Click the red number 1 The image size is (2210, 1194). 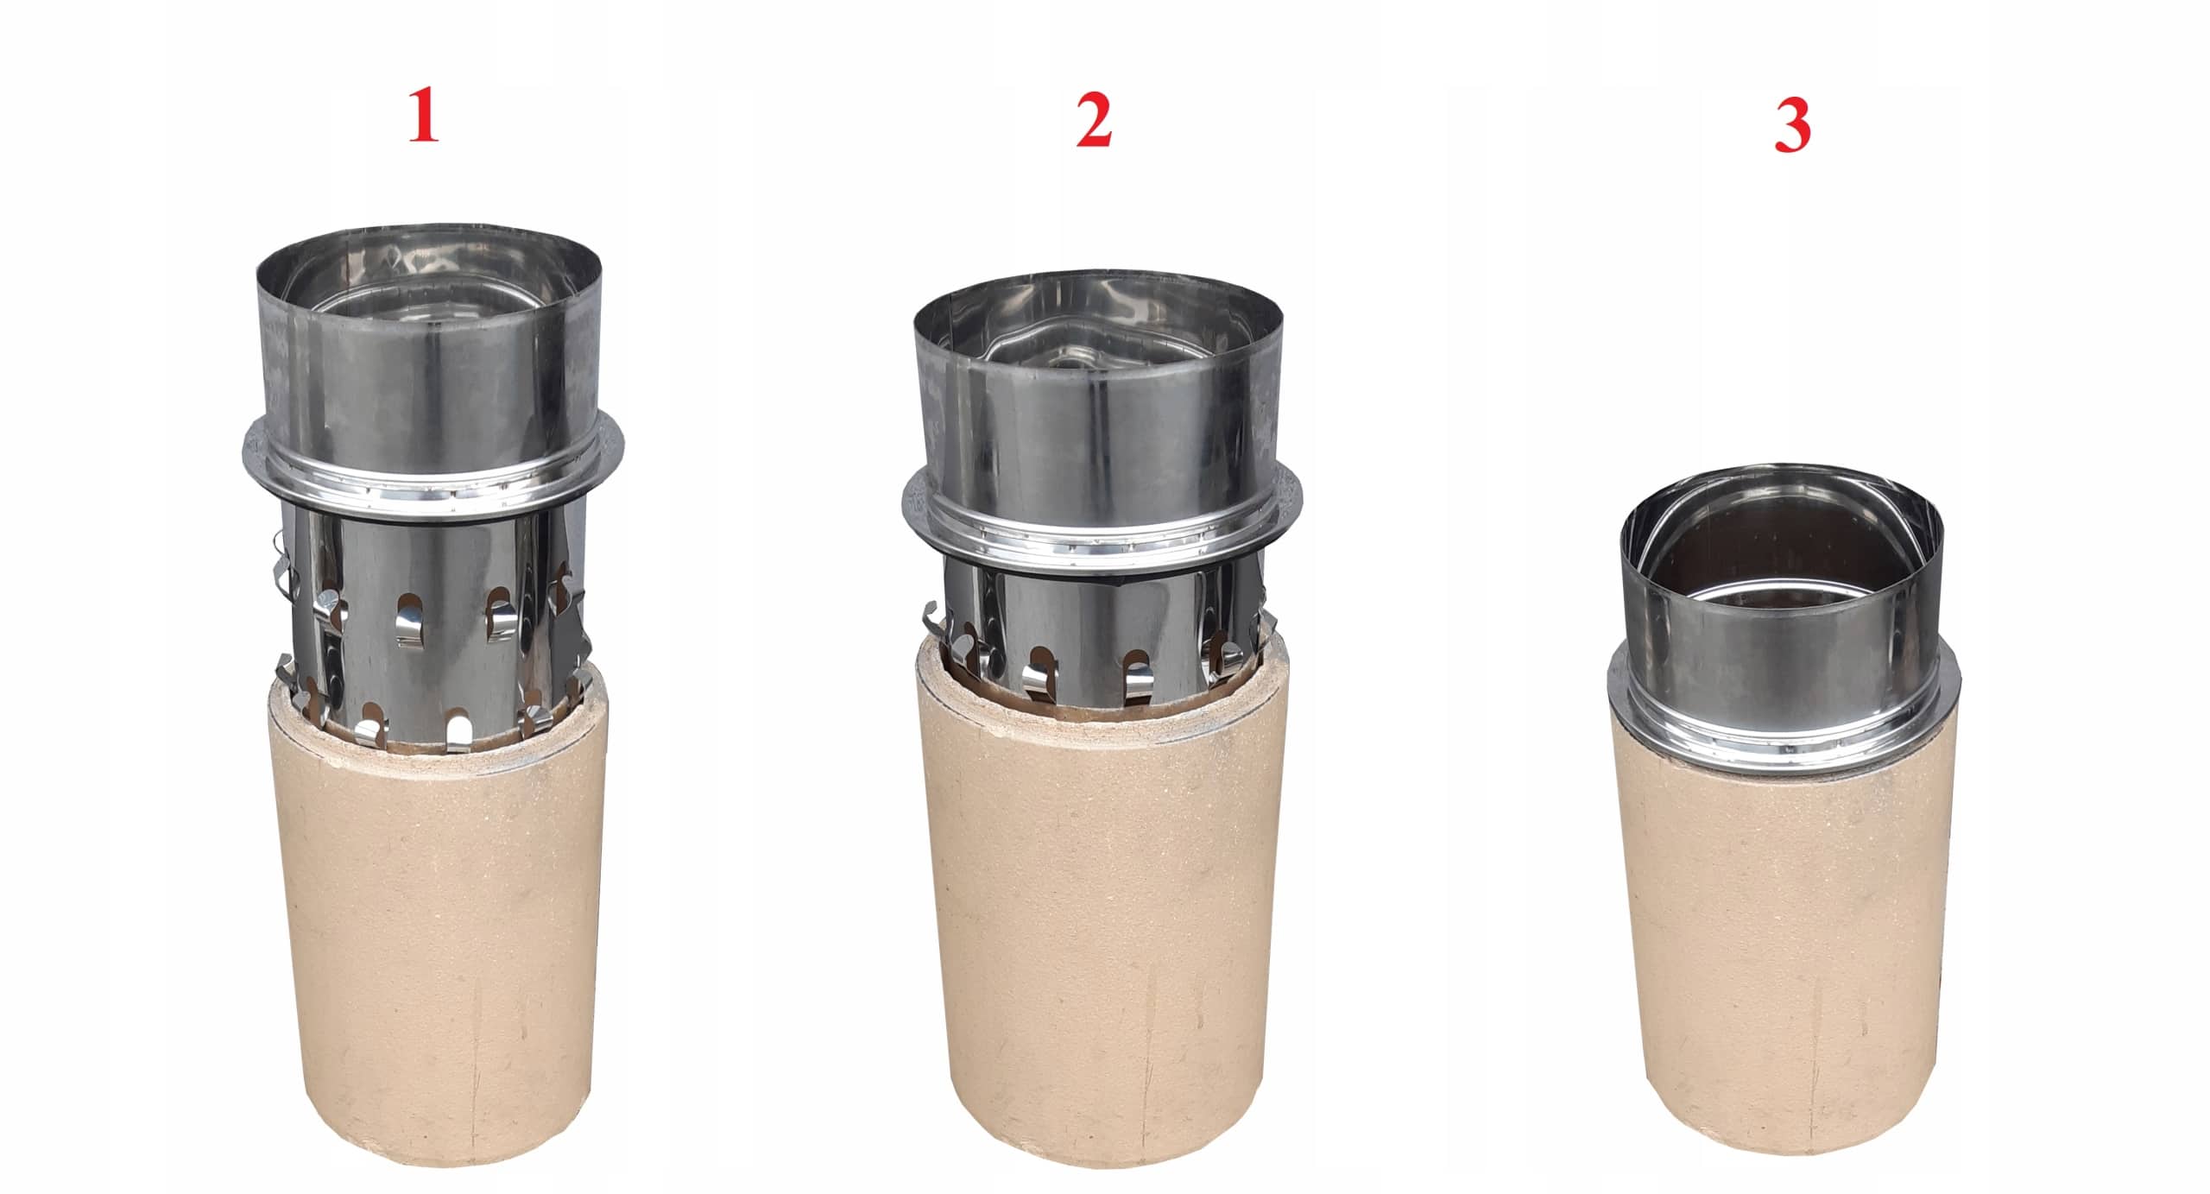point(422,121)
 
